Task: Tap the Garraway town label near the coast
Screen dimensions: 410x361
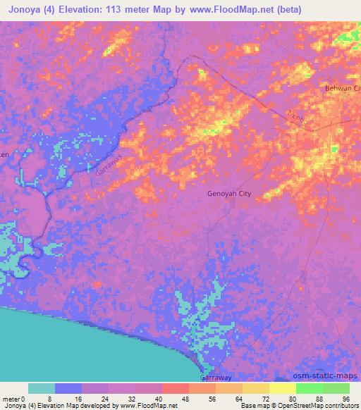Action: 216,377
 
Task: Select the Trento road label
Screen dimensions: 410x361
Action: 298,118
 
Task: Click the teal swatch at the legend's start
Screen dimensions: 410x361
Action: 42,388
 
